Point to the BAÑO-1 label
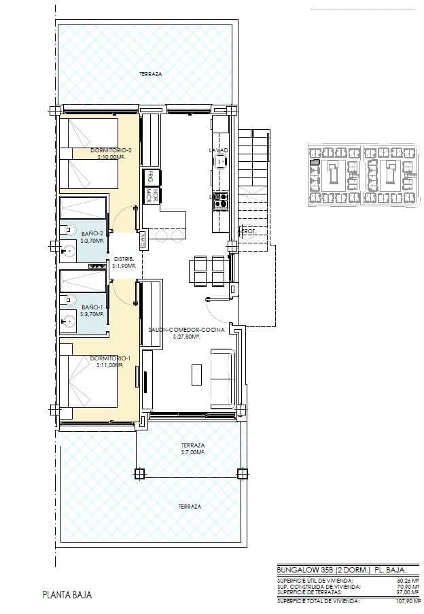92,311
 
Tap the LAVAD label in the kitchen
219,150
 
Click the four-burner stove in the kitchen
221,199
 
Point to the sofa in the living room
222,377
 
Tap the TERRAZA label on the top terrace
150,73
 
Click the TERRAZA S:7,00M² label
193,449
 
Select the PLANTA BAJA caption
67,595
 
